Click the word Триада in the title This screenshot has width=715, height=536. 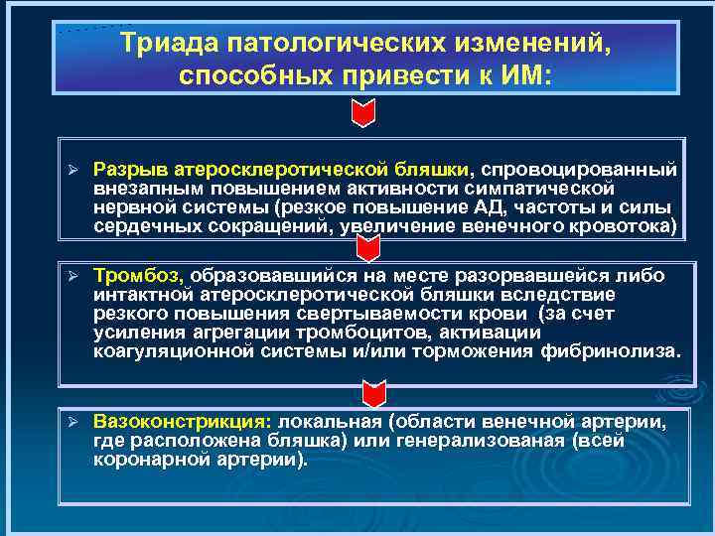point(169,45)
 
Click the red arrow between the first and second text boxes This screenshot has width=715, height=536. point(364,248)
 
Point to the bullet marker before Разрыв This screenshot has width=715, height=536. point(71,171)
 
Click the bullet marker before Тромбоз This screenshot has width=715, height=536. point(71,275)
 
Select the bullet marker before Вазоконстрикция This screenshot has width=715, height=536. point(71,424)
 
